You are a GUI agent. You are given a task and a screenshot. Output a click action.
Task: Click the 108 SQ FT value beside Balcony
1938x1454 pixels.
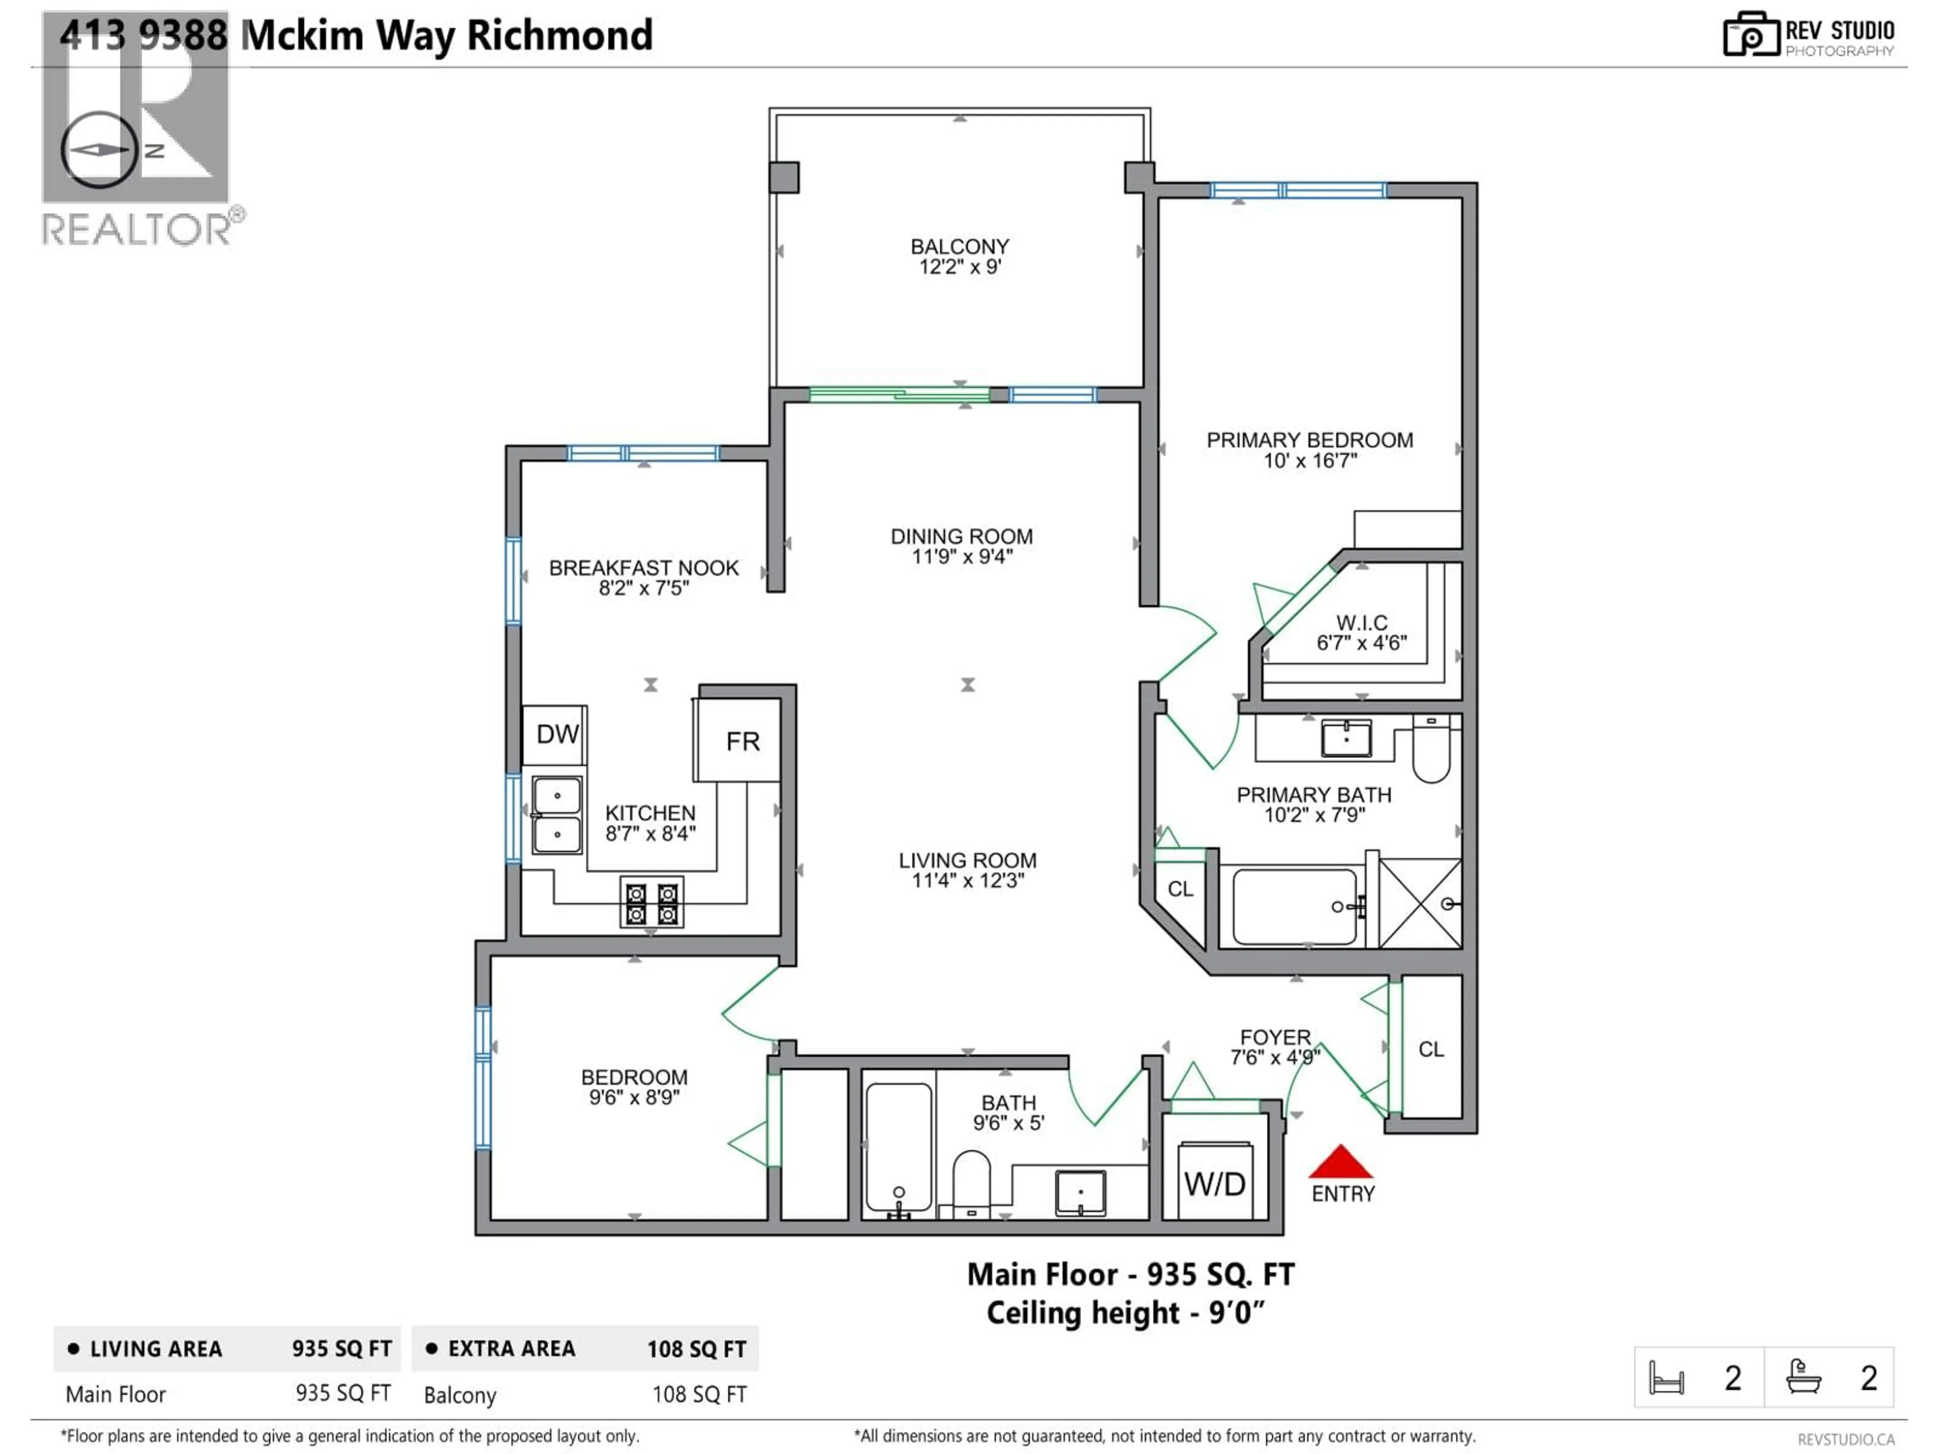click(x=698, y=1394)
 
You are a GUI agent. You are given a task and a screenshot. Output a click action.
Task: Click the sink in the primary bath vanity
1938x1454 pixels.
click(x=1345, y=738)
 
